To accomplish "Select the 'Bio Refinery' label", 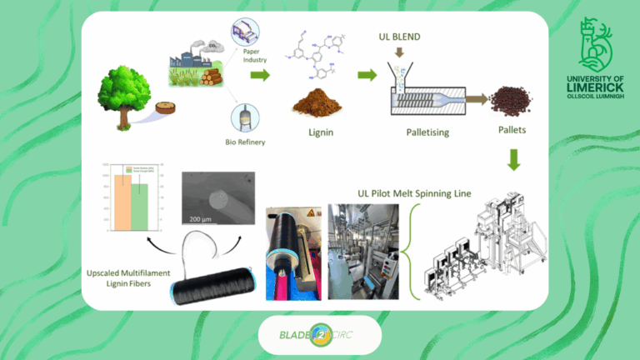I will coord(249,142).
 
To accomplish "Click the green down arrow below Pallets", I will coord(514,160).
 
